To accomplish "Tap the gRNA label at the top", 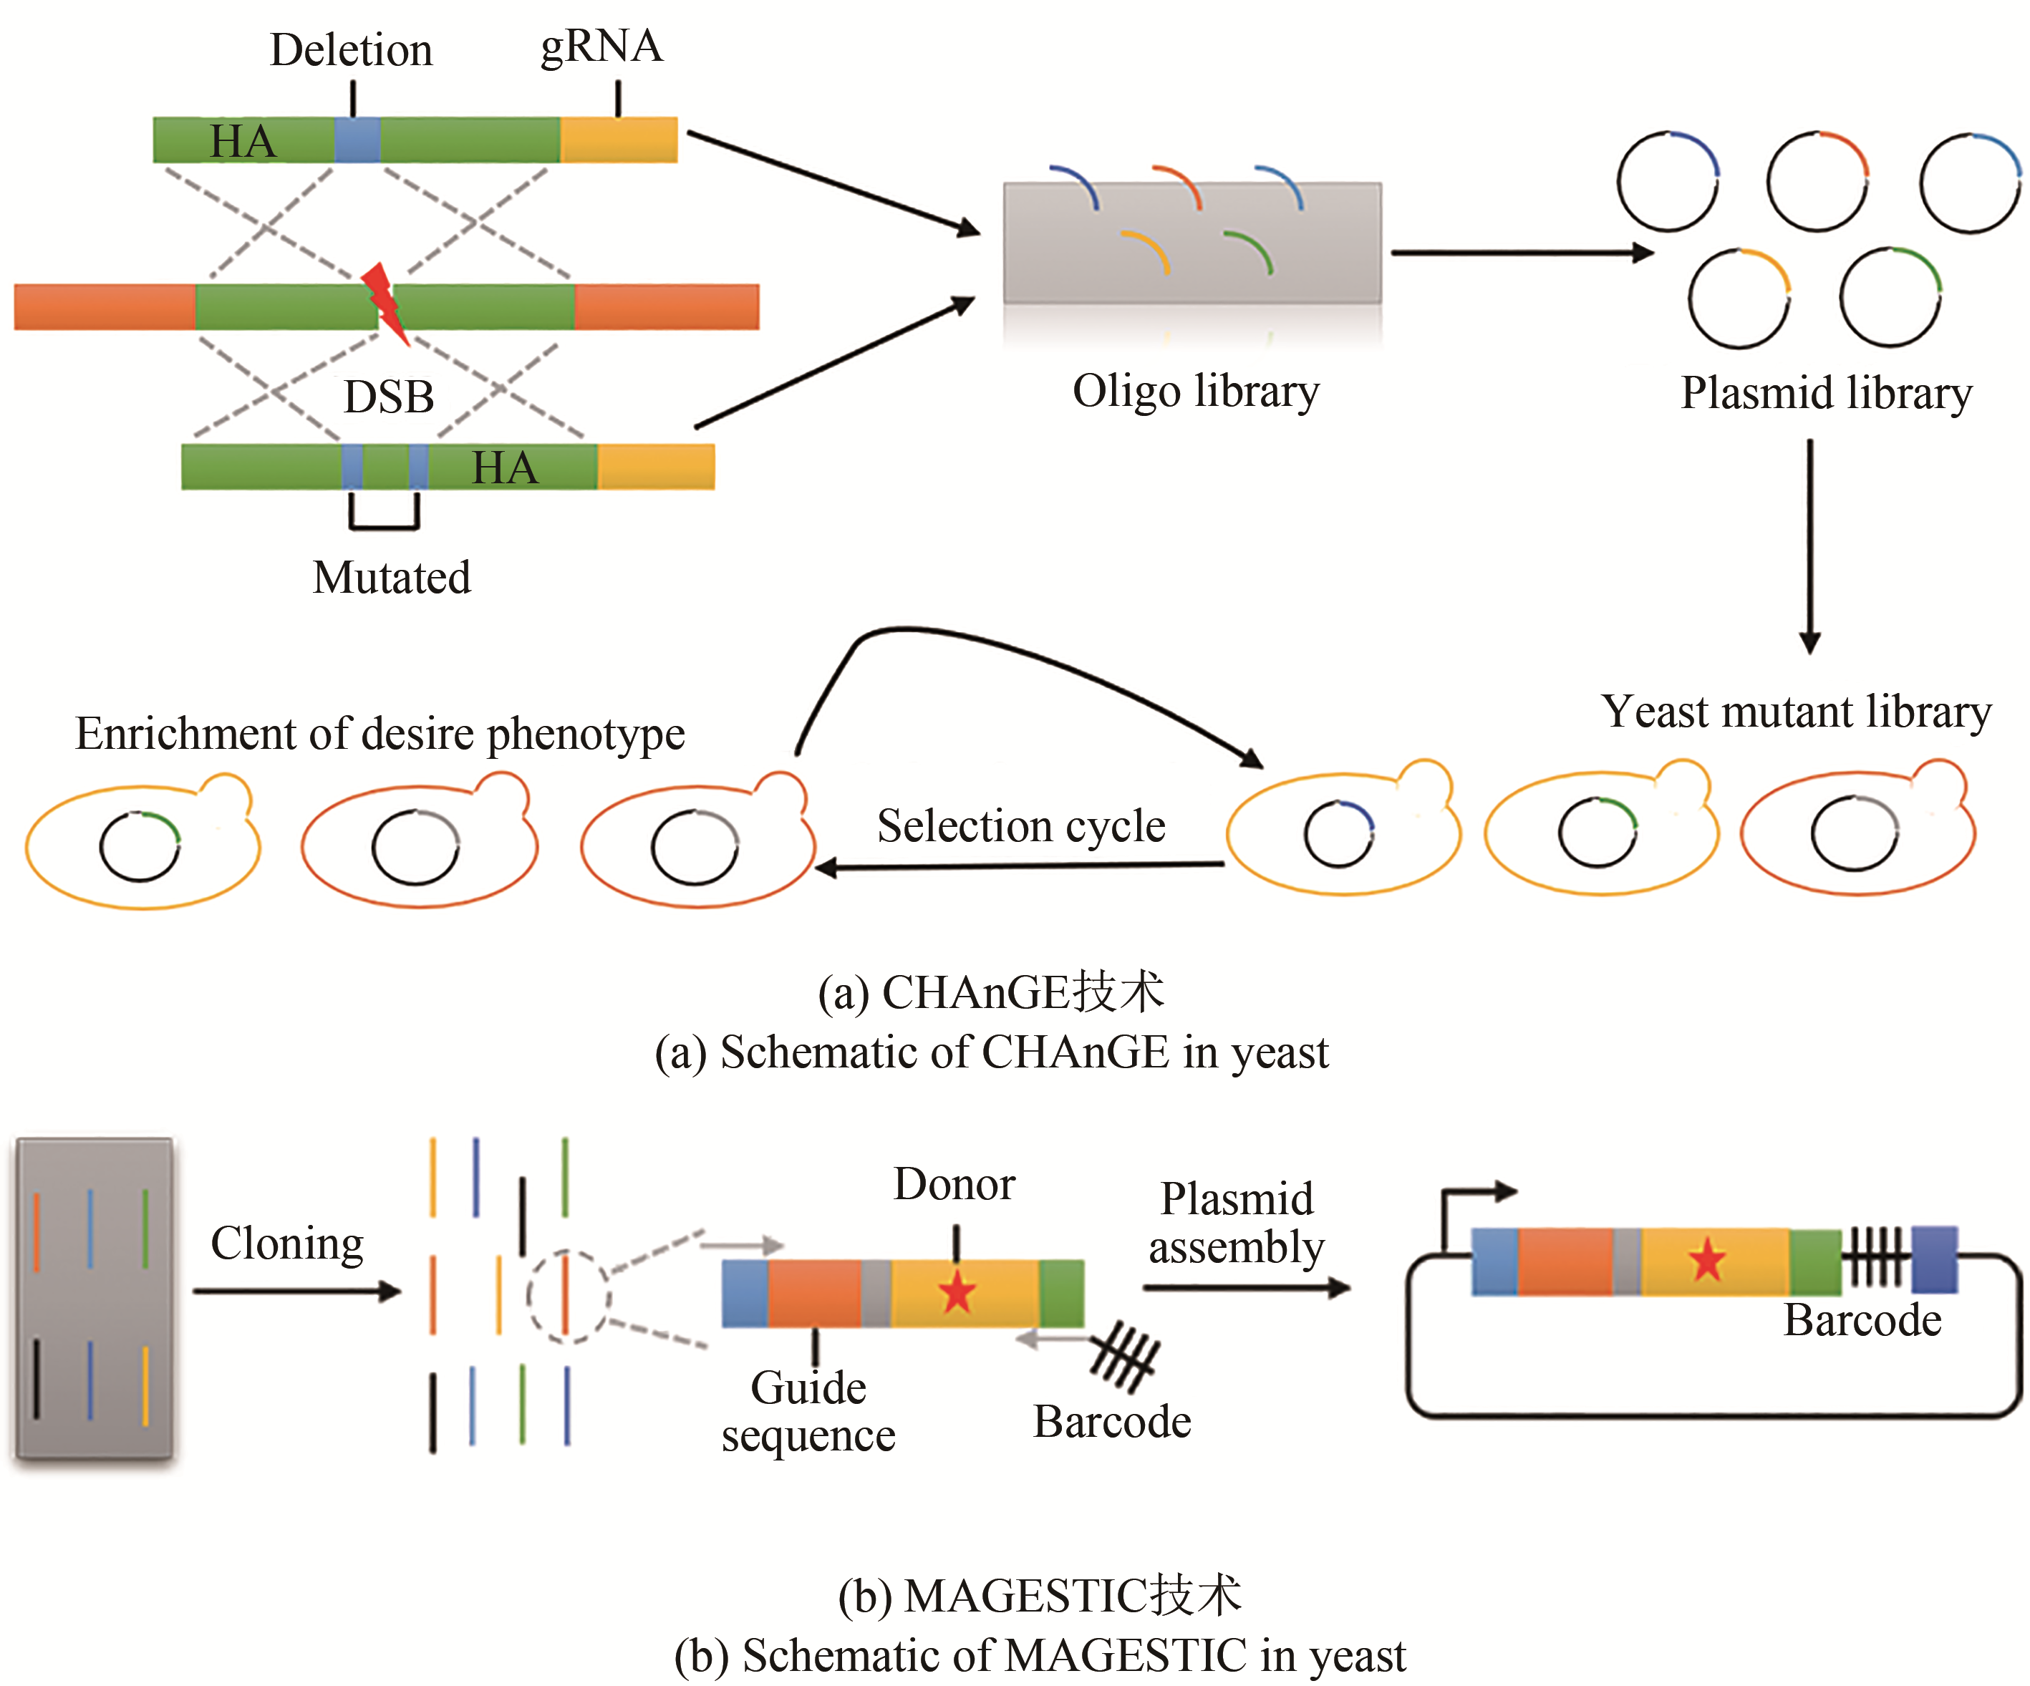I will tap(601, 47).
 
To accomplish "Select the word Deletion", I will tap(351, 50).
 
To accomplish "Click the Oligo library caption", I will tap(1196, 392).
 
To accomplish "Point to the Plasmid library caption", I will tap(1826, 394).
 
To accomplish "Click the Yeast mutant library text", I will tap(1796, 712).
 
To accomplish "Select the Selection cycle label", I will tap(1021, 827).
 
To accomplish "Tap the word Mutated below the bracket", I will tap(392, 578).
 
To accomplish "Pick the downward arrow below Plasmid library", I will tap(1809, 546).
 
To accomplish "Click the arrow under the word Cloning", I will tap(296, 1292).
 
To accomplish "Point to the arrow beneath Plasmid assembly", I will tap(1245, 1288).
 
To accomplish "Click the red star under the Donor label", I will tap(957, 1292).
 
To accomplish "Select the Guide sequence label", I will tap(808, 1412).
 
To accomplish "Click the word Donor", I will tap(954, 1184).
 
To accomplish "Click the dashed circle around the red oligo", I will tap(567, 1297).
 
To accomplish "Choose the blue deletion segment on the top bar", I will tap(357, 140).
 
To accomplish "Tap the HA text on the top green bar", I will tap(243, 141).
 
